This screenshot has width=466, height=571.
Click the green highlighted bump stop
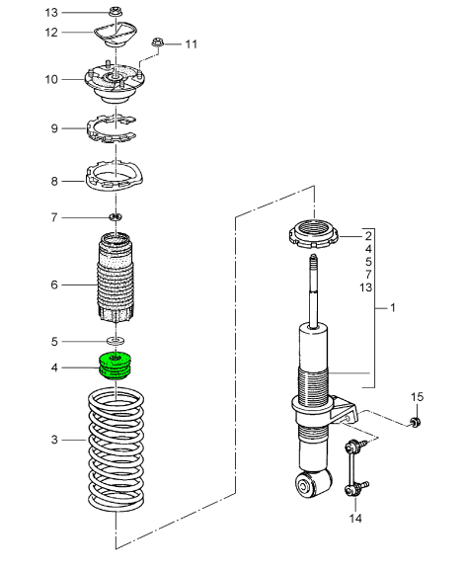116,367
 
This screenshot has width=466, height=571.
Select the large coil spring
116,449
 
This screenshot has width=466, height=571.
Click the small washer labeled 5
116,341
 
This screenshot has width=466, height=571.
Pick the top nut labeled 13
116,13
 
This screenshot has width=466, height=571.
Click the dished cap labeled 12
116,37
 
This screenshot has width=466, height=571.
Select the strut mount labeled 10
116,83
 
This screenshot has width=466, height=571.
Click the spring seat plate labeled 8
116,180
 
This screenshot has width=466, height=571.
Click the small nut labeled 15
416,423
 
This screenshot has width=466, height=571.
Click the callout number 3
55,438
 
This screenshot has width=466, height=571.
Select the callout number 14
354,517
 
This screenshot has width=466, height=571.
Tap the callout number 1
393,308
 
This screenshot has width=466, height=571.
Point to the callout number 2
367,237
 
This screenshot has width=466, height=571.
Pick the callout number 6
55,285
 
